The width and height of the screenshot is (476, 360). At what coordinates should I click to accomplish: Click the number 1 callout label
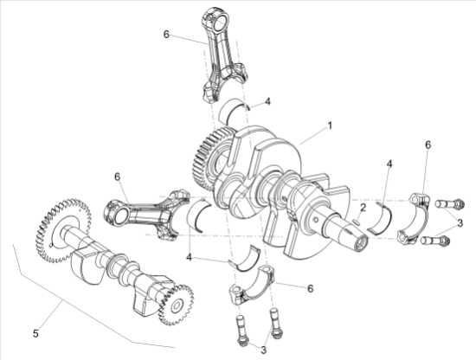pyautogui.click(x=330, y=125)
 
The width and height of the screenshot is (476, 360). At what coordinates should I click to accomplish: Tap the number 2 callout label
pyautogui.click(x=363, y=208)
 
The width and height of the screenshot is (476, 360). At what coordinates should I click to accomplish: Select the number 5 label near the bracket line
pyautogui.click(x=35, y=333)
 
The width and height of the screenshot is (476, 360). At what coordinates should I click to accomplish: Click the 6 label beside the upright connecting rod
pyautogui.click(x=166, y=35)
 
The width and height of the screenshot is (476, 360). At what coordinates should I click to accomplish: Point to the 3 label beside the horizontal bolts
pyautogui.click(x=460, y=223)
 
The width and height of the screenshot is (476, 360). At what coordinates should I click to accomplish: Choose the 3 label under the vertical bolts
pyautogui.click(x=263, y=350)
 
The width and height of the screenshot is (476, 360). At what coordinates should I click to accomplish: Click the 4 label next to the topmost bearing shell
pyautogui.click(x=267, y=101)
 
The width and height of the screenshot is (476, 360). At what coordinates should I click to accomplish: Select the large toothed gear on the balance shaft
pyautogui.click(x=63, y=230)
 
